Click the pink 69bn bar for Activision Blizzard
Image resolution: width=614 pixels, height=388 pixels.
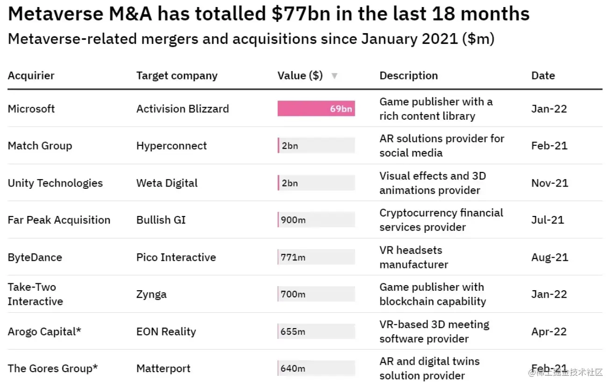click(x=316, y=109)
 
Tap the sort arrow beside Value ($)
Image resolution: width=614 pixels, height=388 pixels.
click(x=334, y=76)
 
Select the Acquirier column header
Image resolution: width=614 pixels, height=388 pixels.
click(x=31, y=76)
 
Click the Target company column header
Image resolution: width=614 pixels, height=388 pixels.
click(x=177, y=76)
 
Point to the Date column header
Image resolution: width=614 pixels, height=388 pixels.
click(x=543, y=76)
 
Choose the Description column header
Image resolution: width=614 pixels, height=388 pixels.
click(x=408, y=76)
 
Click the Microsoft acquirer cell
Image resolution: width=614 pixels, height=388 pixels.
click(x=31, y=109)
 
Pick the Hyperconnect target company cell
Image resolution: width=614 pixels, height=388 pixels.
click(x=171, y=146)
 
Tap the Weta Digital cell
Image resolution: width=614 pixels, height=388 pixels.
click(x=167, y=183)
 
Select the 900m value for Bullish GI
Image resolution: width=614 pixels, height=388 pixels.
click(x=293, y=220)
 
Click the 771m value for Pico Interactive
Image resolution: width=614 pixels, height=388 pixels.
click(x=293, y=257)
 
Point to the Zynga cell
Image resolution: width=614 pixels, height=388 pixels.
click(x=151, y=295)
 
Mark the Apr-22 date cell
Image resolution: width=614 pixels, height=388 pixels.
click(x=549, y=332)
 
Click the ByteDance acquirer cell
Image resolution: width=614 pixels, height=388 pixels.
click(x=35, y=257)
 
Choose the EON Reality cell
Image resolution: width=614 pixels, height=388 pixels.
click(x=166, y=332)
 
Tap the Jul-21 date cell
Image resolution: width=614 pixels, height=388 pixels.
click(x=548, y=220)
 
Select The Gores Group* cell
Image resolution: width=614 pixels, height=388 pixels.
click(x=53, y=368)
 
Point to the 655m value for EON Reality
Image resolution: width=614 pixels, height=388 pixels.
click(x=293, y=332)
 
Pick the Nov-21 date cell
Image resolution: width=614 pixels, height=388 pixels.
click(x=550, y=183)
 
